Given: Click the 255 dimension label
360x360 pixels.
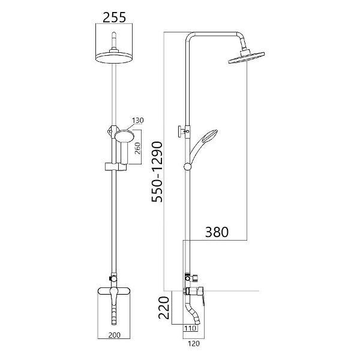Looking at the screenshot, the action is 114,17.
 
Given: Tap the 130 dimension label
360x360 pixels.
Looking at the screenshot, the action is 138,121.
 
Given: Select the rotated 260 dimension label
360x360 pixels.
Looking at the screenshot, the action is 137,149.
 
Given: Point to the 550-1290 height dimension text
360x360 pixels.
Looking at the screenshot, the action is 157,172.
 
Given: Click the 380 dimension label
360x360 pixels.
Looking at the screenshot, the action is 217,232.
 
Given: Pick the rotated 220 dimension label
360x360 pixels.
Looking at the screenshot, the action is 164,308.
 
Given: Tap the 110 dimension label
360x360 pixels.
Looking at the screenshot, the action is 191,328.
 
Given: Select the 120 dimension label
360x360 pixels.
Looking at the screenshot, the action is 194,344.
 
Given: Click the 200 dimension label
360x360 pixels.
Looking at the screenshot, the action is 115,335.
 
